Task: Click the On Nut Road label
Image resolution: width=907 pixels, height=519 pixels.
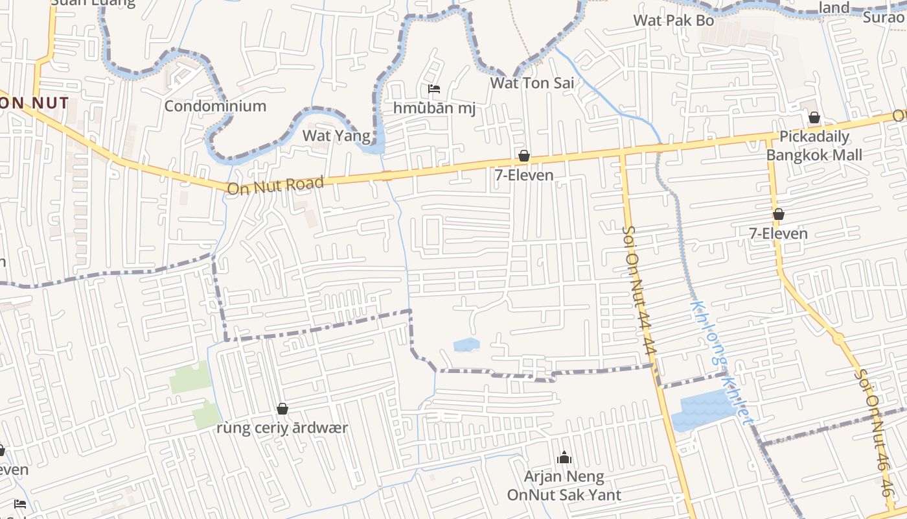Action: pos(275,186)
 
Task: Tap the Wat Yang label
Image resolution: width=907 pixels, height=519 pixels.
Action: pos(337,136)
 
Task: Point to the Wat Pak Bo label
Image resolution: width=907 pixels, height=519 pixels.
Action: pos(673,20)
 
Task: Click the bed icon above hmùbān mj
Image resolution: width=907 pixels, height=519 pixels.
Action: pos(434,88)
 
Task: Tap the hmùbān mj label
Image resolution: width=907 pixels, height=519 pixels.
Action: pos(434,108)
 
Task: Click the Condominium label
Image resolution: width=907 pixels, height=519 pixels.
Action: pos(215,106)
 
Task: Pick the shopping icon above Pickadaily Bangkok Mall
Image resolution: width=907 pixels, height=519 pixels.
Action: pos(814,117)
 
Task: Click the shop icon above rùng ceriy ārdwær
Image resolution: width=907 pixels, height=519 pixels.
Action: pos(282,409)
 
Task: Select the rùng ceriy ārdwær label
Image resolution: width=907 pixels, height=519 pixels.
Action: pos(282,428)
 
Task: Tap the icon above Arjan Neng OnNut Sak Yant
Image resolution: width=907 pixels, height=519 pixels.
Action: pos(564,458)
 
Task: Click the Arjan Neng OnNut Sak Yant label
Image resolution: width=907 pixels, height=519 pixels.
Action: pos(564,486)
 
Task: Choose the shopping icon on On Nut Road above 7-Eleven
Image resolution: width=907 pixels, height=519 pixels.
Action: pos(523,156)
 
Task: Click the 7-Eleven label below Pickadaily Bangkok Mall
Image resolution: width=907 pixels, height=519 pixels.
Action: pos(778,234)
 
